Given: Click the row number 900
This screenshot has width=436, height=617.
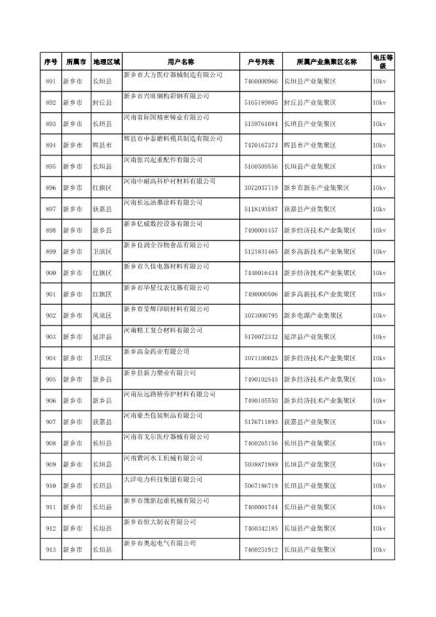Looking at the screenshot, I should tap(50, 273).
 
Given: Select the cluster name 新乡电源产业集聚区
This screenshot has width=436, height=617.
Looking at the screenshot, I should tap(313, 315).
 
